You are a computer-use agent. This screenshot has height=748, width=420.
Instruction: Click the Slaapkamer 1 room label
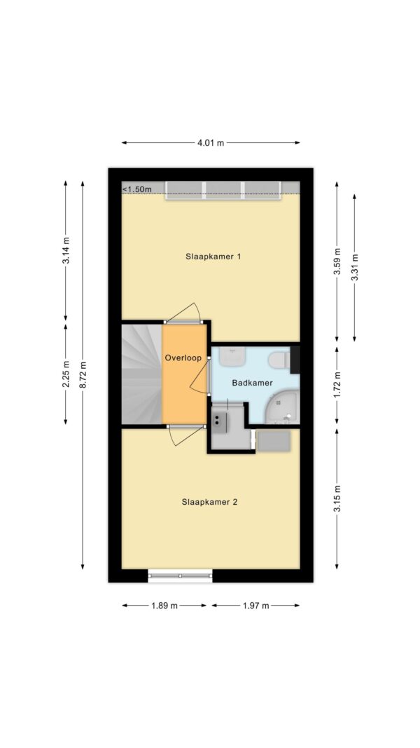tap(213, 257)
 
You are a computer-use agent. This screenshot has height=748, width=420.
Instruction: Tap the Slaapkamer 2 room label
tap(209, 502)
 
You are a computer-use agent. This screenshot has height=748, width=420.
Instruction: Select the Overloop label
tap(183, 358)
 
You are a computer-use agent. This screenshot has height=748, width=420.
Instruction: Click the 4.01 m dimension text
tap(211, 142)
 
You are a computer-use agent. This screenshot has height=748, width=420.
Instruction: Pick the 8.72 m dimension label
tap(83, 374)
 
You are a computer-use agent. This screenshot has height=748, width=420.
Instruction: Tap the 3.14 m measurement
tap(66, 250)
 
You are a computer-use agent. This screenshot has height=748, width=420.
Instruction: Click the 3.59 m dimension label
tap(337, 261)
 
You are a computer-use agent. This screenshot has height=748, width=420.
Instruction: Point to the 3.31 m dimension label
tap(354, 268)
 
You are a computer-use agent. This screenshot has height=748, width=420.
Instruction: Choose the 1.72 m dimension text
tap(337, 385)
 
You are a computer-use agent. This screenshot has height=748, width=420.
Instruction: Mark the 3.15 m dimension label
tap(337, 498)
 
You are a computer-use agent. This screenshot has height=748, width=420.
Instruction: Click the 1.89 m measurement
tap(164, 606)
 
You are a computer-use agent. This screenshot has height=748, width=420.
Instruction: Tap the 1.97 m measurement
tap(255, 606)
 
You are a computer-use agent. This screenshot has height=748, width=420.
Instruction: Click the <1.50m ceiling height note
tap(137, 189)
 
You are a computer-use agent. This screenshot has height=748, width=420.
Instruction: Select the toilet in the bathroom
tap(279, 360)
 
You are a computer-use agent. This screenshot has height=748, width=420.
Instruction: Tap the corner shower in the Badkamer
tap(281, 407)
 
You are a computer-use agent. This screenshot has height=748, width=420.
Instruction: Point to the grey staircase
tap(142, 374)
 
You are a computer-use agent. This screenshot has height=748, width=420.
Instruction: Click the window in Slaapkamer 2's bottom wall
tap(180, 576)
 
